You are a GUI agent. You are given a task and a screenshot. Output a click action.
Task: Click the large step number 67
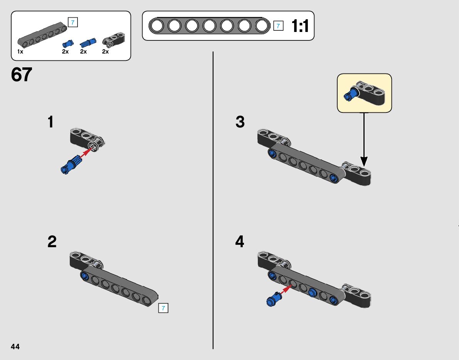click(22, 75)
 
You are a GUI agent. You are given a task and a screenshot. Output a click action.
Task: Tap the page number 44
click(15, 347)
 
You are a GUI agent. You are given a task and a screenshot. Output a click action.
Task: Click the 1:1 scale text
click(300, 26)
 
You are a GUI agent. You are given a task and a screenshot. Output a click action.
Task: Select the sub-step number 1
click(50, 122)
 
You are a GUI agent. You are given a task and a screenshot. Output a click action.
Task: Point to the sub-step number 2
click(52, 242)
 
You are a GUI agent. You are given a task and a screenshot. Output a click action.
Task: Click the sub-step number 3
click(240, 122)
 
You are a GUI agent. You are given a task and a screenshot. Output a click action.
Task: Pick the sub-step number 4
click(240, 242)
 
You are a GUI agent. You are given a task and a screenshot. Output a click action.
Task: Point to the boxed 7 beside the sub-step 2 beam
click(163, 308)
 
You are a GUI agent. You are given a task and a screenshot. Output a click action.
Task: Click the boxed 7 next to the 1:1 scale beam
click(278, 26)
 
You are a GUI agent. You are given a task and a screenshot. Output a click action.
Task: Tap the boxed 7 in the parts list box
click(72, 22)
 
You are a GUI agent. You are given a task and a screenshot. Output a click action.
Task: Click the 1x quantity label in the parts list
click(20, 52)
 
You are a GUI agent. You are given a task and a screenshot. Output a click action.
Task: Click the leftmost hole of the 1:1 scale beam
click(157, 26)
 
